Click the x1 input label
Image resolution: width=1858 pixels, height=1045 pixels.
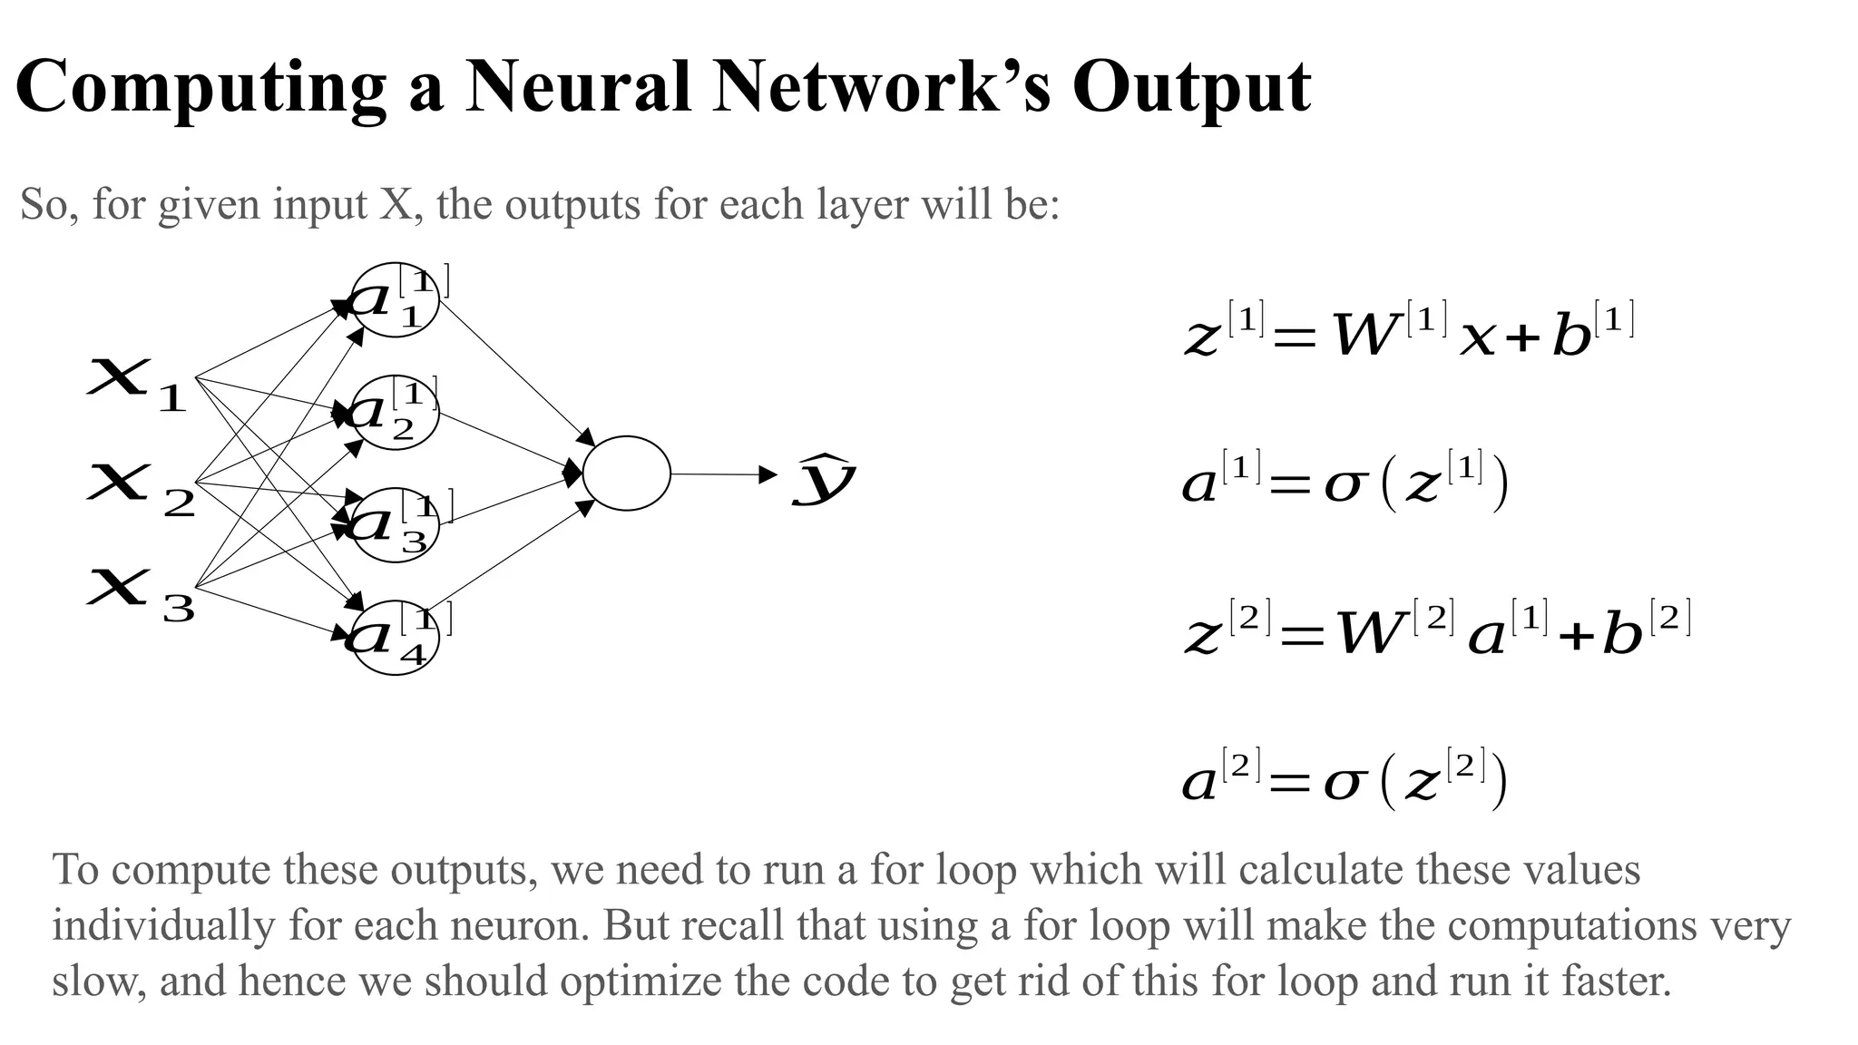click(136, 384)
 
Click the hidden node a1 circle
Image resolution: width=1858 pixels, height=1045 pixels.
click(395, 299)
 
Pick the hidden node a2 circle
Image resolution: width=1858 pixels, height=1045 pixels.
click(395, 412)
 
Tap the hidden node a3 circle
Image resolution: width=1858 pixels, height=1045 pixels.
click(395, 524)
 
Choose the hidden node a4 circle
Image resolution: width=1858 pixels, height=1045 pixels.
click(395, 637)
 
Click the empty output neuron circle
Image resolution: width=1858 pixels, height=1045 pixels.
click(626, 474)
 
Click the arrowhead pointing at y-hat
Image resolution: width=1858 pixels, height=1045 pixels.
click(768, 474)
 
